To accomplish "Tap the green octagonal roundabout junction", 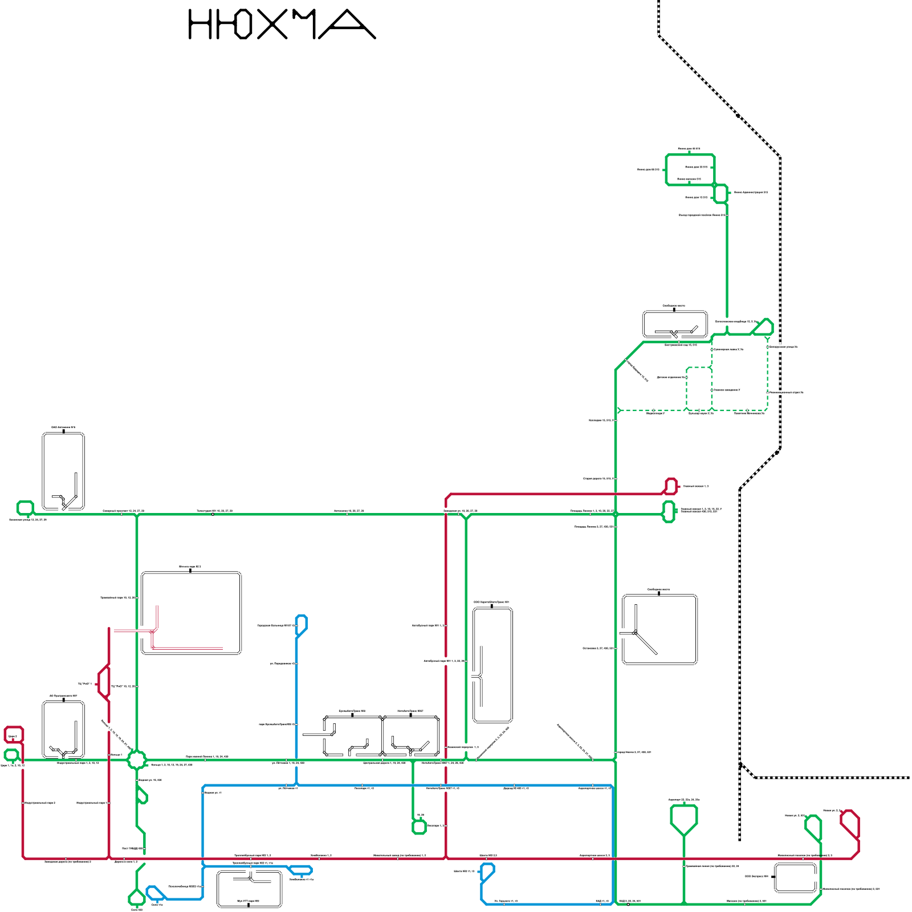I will pos(137,759).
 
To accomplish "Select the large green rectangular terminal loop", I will pos(690,170).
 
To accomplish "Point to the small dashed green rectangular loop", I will pos(699,389).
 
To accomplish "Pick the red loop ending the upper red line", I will pos(671,486).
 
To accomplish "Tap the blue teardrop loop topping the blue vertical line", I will pos(302,623).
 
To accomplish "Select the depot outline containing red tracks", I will pos(191,613).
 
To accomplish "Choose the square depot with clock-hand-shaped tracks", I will pos(659,629).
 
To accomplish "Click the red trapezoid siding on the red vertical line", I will pos(103,682).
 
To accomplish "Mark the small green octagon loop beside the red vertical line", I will pos(420,826).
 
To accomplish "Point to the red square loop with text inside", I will pos(13,734).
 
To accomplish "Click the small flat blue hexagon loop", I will pos(300,870).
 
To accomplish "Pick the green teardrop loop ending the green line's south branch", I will pos(136,897).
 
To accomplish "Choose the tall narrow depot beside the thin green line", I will pos(492,665).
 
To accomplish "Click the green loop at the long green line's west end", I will pos(25,507).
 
